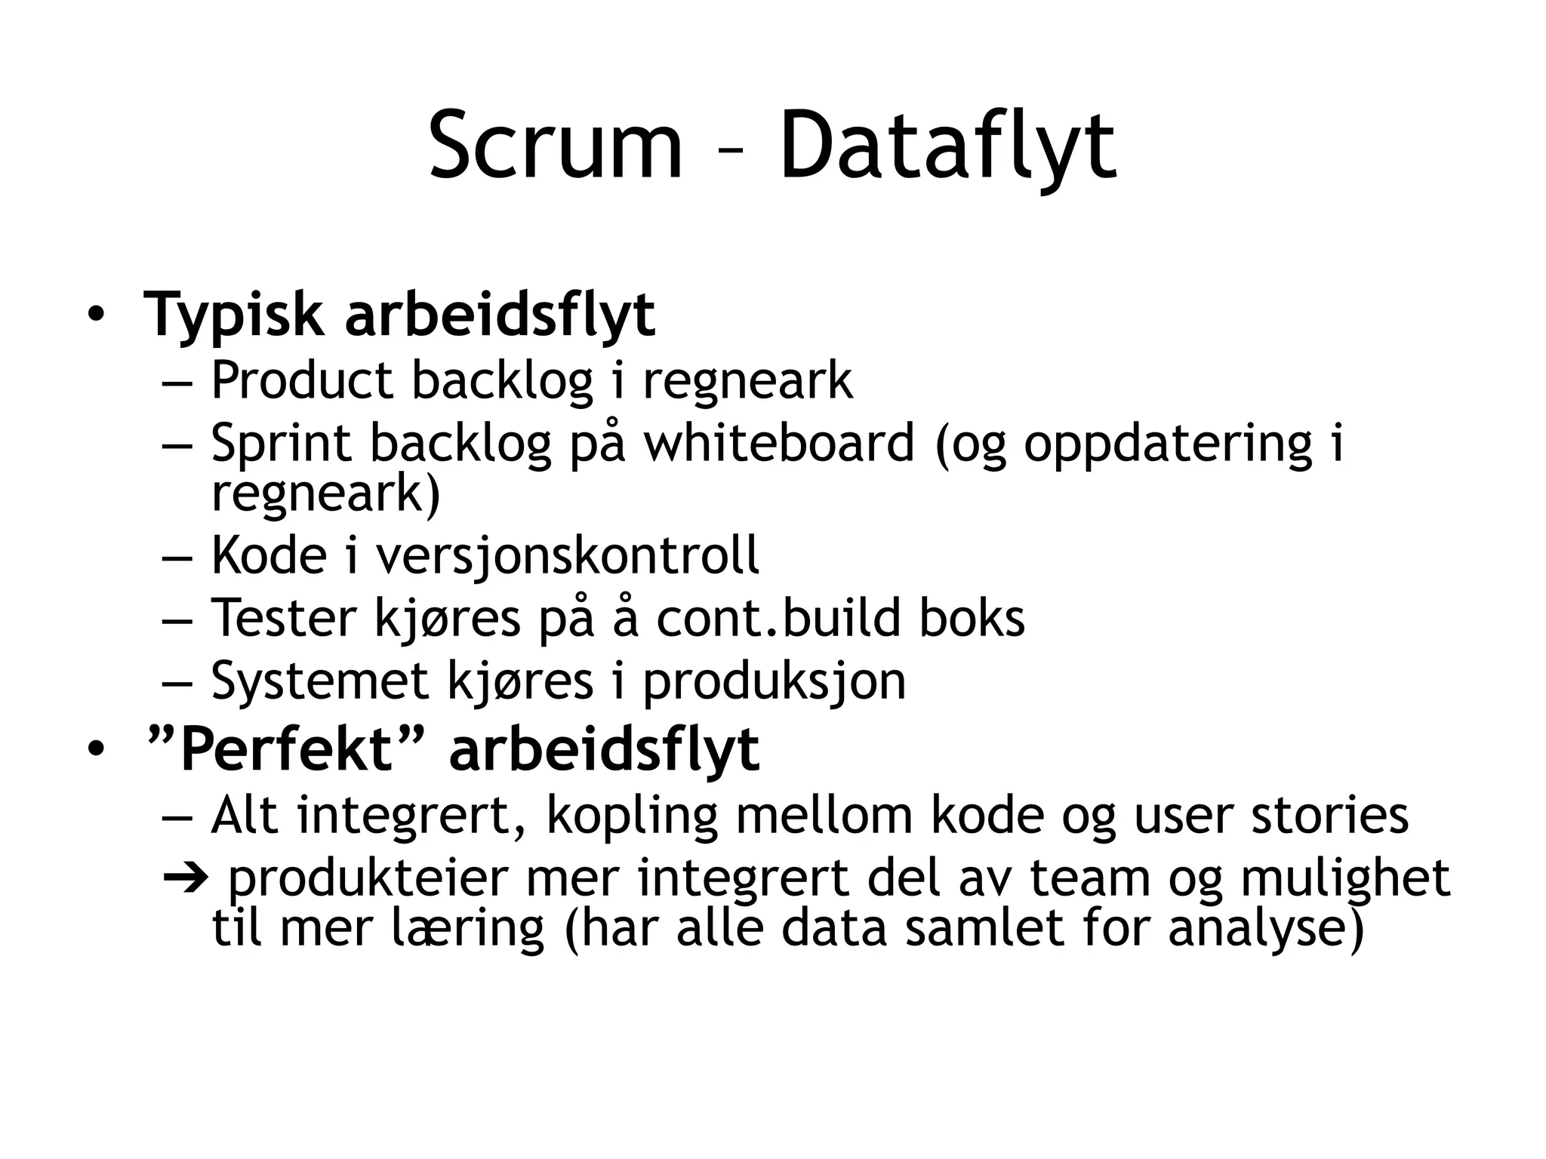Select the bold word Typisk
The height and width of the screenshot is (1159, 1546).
(233, 315)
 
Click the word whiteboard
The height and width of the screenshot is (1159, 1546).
(778, 443)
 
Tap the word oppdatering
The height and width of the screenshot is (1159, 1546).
(1168, 443)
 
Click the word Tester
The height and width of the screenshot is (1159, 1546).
(283, 618)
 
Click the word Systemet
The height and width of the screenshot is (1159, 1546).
(319, 681)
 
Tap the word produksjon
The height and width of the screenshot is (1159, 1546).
(774, 681)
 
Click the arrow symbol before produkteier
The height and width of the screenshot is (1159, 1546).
(184, 878)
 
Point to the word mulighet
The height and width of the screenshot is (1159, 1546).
(1344, 878)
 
